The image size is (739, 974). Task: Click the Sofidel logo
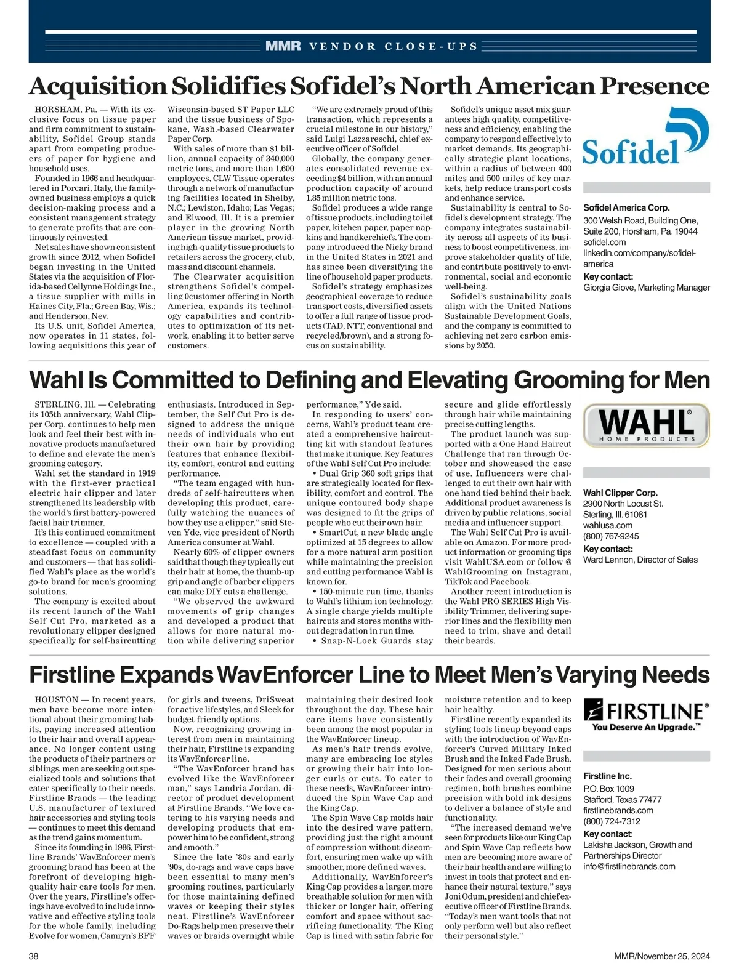[x=645, y=136]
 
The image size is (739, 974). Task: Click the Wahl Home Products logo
[x=645, y=425]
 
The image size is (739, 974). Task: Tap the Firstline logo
[x=645, y=716]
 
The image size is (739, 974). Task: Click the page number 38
[x=34, y=956]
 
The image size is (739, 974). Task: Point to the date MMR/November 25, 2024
[x=662, y=956]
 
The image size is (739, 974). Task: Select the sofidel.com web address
[x=604, y=243]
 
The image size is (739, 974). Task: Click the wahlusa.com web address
[x=608, y=525]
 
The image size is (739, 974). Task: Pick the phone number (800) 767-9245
[x=611, y=536]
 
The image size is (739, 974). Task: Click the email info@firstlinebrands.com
[x=629, y=866]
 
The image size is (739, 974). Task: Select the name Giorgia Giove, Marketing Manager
[x=647, y=288]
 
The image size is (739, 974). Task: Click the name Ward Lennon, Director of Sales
[x=640, y=560]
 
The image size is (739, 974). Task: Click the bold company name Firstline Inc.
[x=607, y=776]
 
